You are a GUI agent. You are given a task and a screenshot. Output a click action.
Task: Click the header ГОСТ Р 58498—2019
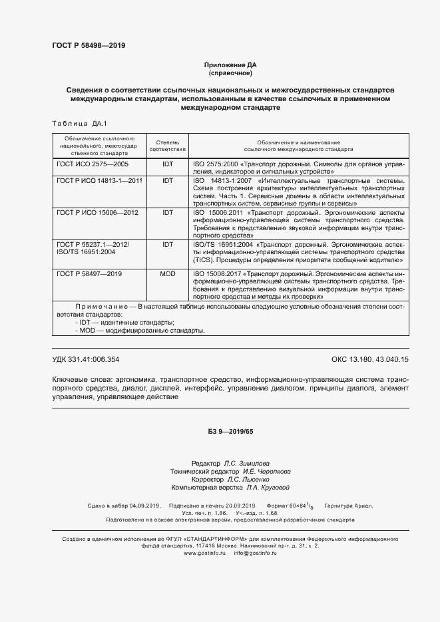[x=89, y=46]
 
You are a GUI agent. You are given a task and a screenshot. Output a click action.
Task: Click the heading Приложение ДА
[x=230, y=65]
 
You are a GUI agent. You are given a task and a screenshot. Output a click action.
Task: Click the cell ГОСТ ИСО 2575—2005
[x=93, y=163]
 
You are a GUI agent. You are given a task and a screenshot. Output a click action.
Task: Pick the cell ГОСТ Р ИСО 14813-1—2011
[x=99, y=180]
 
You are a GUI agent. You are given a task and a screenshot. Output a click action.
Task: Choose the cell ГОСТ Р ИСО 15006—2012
[x=97, y=212]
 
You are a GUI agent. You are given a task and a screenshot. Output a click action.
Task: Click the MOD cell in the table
[x=168, y=273]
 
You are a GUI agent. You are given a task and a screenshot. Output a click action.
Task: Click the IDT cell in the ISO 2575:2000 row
[x=168, y=163]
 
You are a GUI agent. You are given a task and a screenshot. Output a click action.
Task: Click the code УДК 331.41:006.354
[x=86, y=359]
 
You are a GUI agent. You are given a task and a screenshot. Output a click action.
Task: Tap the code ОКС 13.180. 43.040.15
[x=369, y=359]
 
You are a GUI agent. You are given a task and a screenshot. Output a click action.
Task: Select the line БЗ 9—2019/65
[x=230, y=432]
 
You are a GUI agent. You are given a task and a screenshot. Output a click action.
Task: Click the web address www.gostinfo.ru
[x=205, y=553]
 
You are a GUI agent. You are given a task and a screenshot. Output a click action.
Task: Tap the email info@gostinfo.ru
[x=256, y=553]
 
